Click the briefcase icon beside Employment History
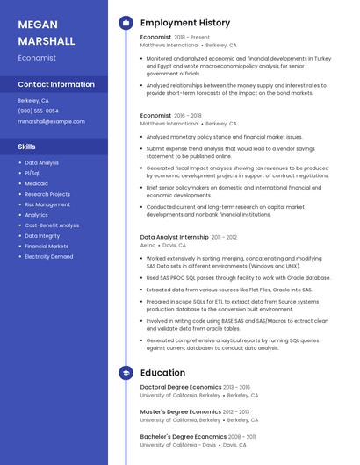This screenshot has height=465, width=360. click(x=126, y=23)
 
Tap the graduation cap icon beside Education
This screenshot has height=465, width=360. click(x=126, y=373)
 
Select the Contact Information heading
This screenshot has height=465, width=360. click(x=56, y=85)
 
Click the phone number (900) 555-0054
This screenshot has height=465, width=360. click(x=38, y=111)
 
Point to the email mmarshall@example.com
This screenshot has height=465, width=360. click(x=51, y=121)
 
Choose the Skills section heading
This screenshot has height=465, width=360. click(x=26, y=147)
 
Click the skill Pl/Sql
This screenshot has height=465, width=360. click(x=32, y=173)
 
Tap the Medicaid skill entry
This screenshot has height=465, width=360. click(x=36, y=183)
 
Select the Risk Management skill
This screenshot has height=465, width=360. click(x=47, y=204)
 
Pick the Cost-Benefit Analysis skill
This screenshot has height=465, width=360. click(x=51, y=225)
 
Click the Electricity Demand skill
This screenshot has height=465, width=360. click(x=48, y=256)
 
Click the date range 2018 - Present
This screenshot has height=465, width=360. click(x=192, y=38)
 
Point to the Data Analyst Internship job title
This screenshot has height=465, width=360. click(x=175, y=237)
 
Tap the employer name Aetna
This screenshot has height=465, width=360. click(x=148, y=246)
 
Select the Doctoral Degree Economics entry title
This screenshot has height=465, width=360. click(x=181, y=387)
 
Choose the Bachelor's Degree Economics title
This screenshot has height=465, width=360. click(x=184, y=436)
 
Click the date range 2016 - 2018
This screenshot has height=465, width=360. click(x=188, y=115)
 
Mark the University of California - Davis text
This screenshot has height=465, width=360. click(x=178, y=445)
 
